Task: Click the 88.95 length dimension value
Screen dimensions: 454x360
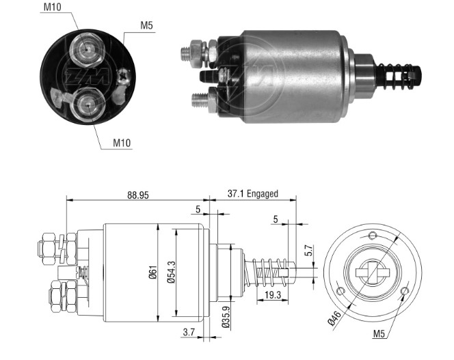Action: (x=138, y=195)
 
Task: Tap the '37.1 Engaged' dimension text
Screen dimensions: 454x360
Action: (x=252, y=193)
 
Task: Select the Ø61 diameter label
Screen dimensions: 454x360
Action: (x=152, y=272)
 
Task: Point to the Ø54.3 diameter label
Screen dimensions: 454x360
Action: (x=171, y=272)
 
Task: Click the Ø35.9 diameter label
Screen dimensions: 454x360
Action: (x=226, y=318)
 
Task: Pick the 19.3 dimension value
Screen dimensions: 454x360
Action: (x=272, y=295)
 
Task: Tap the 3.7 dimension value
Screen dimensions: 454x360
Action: (x=189, y=332)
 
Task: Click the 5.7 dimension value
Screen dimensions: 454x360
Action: (x=309, y=250)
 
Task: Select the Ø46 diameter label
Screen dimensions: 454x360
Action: (x=334, y=318)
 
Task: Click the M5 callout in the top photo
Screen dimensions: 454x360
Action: (x=146, y=25)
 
